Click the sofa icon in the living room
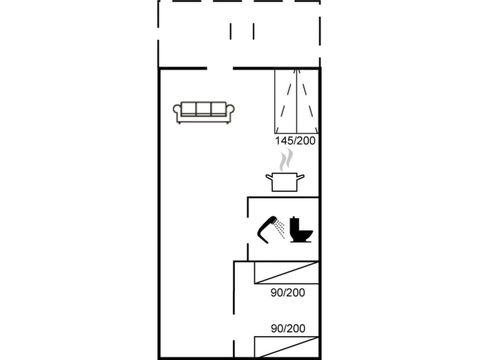203,112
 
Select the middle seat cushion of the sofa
203,108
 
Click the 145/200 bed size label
295,141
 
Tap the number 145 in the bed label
283,141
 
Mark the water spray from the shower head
280,229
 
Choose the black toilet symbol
301,230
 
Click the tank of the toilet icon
294,223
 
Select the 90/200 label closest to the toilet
287,292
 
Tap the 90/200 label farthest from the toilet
287,328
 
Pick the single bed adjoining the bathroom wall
286,272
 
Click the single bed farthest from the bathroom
286,347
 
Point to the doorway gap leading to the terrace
220,68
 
